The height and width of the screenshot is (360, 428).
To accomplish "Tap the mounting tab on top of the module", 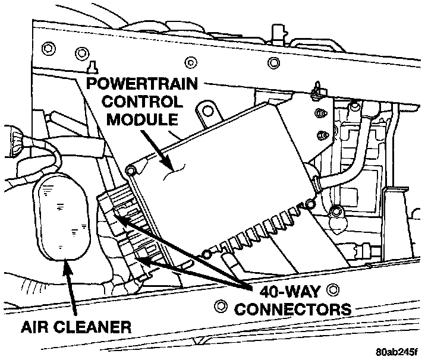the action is (x=205, y=113).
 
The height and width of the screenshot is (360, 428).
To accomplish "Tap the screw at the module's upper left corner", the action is (x=131, y=171).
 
